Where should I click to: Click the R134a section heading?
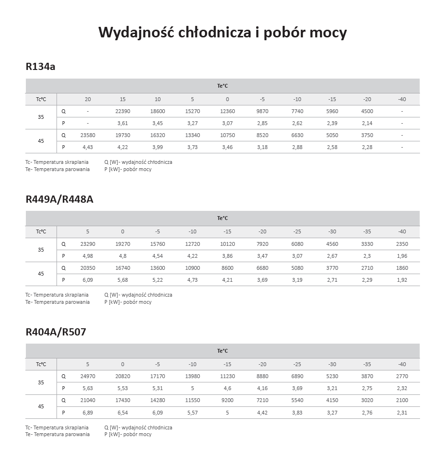click(40, 67)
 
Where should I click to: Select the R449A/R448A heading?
click(59, 199)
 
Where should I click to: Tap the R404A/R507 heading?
click(56, 332)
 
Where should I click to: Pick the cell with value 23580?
click(88, 135)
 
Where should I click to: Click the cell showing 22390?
click(123, 111)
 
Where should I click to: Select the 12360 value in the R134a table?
click(227, 111)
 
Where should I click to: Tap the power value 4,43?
click(88, 147)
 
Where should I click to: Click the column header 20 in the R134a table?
click(88, 99)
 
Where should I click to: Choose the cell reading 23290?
click(88, 244)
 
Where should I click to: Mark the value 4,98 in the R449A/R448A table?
click(88, 256)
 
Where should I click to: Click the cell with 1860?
click(402, 268)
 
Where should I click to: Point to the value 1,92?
click(402, 280)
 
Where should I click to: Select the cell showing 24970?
click(88, 376)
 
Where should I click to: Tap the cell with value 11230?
click(227, 376)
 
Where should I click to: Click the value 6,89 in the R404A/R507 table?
click(88, 412)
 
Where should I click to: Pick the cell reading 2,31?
click(402, 412)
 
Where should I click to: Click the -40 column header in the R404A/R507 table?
click(402, 364)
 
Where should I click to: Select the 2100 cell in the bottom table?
click(402, 400)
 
